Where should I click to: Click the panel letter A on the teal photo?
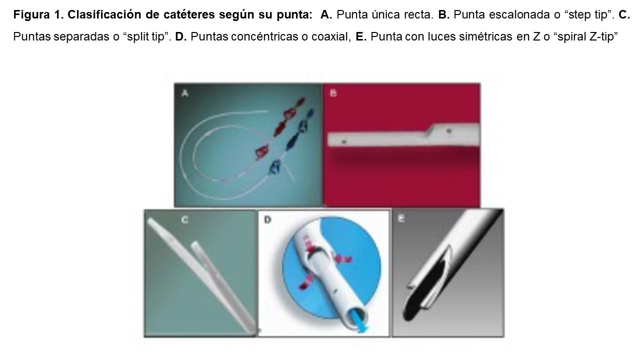pos(185,93)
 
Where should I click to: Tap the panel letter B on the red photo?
pos(333,93)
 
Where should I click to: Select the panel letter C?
pos(185,219)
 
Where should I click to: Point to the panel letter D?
pos(267,219)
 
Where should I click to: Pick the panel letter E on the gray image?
pos(401,218)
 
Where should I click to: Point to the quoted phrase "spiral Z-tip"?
pos(587,37)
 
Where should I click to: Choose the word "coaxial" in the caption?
pos(329,37)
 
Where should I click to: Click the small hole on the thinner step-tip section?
pos(344,141)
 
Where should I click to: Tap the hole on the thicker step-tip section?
pos(449,131)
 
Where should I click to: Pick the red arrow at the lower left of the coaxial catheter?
pos(305,283)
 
